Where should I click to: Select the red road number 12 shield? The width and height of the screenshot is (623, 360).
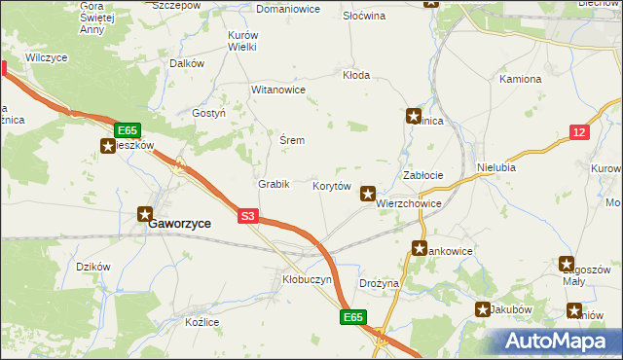coord(579,132)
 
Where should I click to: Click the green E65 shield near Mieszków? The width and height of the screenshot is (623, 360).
coord(128,129)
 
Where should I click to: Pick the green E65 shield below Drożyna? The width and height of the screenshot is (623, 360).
coord(353,317)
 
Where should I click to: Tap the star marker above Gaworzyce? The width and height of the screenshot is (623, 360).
coord(145,213)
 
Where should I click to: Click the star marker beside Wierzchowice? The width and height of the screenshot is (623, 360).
coord(368,194)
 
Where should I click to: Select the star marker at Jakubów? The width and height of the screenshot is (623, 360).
coord(484,309)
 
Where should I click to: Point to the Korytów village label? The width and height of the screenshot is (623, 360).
coord(331,186)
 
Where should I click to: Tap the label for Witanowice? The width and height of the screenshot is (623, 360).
coord(278,90)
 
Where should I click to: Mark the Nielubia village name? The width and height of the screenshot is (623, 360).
coord(495,167)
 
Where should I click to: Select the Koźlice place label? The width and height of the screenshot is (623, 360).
coord(200,322)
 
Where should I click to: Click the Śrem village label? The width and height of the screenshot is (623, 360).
coord(292,141)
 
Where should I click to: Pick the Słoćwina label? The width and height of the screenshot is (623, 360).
coord(364,17)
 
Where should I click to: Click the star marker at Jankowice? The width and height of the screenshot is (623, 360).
coord(420,248)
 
